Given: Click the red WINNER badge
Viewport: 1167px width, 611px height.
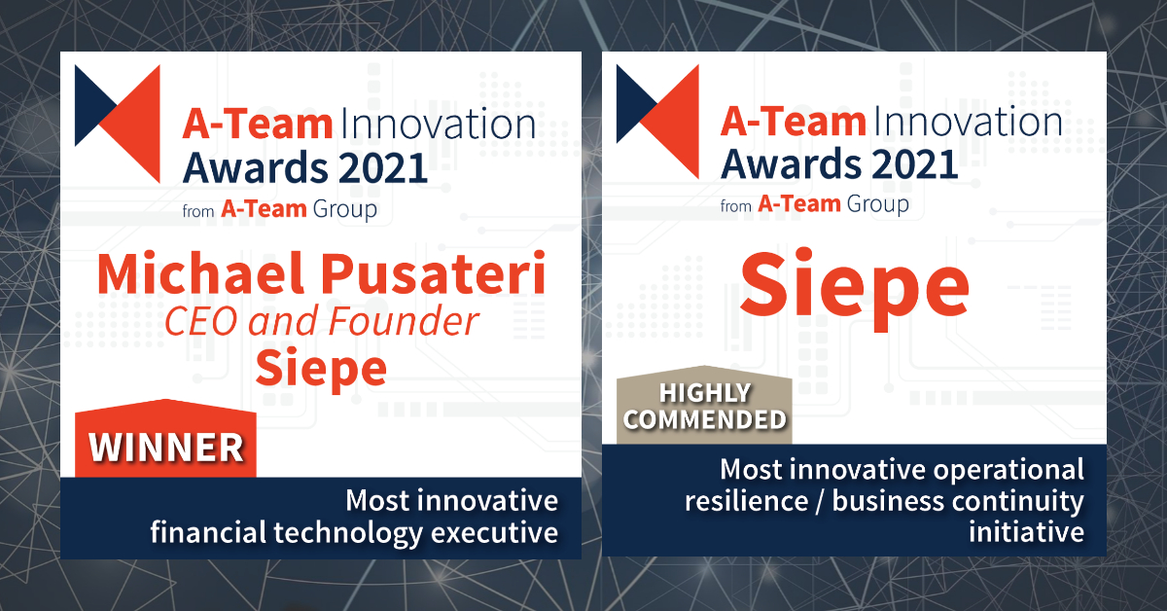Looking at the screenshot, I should (x=166, y=446).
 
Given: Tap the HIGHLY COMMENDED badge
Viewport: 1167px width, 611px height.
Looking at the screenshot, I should (x=705, y=407).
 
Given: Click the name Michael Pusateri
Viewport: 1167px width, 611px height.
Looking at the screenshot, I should (x=321, y=277).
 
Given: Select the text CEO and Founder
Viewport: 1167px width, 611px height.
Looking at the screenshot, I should (x=321, y=322).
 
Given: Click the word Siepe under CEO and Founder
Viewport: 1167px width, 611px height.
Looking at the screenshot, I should (x=321, y=368).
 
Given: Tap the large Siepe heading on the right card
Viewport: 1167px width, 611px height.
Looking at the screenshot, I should (x=855, y=281).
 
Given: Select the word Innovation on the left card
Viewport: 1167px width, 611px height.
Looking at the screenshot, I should (x=437, y=126).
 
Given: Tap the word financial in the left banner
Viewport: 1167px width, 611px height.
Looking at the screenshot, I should (x=204, y=533).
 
